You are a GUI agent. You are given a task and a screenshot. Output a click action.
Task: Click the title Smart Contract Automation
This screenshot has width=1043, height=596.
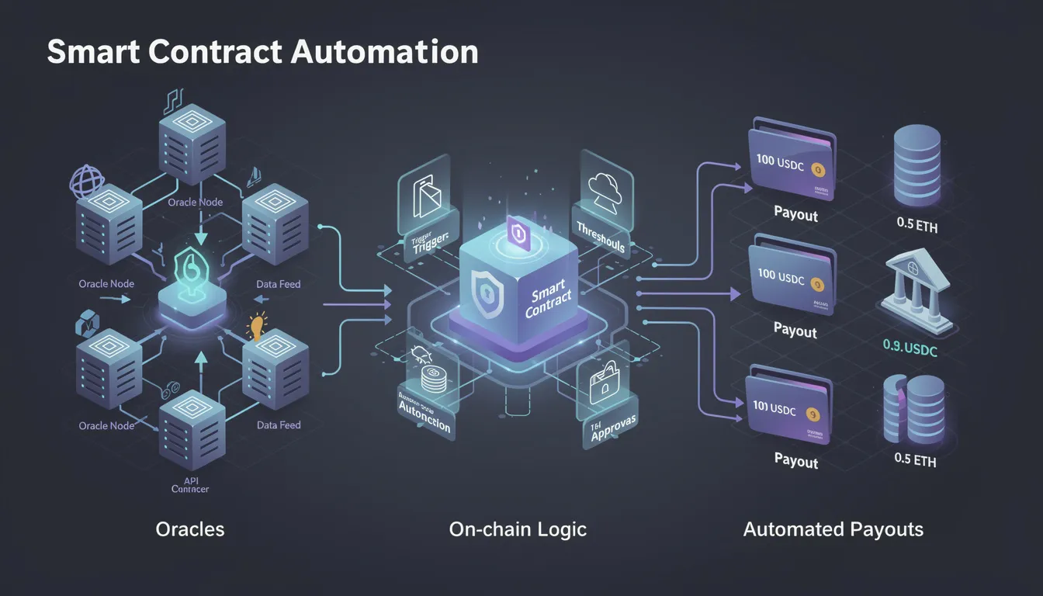pos(262,52)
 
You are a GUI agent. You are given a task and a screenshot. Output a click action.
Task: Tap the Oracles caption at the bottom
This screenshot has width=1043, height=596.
pos(190,529)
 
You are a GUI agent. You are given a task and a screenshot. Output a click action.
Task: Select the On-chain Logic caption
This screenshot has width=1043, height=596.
pos(518,529)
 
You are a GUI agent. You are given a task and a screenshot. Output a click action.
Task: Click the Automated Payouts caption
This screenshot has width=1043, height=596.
pos(833,529)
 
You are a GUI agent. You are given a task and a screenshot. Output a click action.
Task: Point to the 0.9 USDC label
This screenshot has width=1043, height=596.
pos(910,350)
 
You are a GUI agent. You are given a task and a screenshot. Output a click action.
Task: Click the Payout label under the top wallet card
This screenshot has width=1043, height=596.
pos(795,214)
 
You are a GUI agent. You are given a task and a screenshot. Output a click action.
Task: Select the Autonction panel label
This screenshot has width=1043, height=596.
pos(424,424)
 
